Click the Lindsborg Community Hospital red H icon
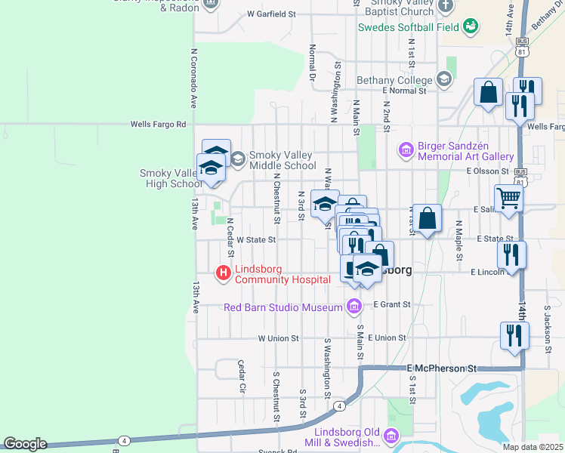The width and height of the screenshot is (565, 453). (x=224, y=273)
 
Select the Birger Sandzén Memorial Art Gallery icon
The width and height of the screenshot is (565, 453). (x=406, y=151)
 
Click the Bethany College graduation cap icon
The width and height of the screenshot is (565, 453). (x=443, y=79)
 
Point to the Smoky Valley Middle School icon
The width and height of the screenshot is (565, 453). (x=238, y=159)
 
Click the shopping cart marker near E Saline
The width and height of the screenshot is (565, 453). (x=509, y=199)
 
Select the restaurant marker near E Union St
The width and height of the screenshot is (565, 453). (x=514, y=335)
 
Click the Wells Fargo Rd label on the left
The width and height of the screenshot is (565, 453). (x=157, y=124)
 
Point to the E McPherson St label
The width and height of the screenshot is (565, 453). (x=443, y=368)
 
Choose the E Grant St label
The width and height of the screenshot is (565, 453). (x=391, y=304)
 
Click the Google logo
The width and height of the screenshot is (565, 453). (x=25, y=444)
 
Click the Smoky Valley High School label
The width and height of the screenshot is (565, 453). (x=171, y=178)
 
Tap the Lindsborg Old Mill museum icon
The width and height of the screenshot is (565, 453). (x=391, y=436)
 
